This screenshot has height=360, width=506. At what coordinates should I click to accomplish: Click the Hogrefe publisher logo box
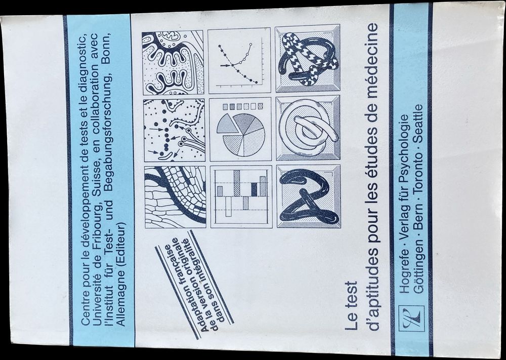tap(412, 318)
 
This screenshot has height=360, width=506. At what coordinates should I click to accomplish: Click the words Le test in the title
tap(351, 306)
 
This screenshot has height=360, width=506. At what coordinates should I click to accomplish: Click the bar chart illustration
tap(241, 196)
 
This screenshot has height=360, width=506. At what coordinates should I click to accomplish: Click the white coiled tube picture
tap(308, 128)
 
